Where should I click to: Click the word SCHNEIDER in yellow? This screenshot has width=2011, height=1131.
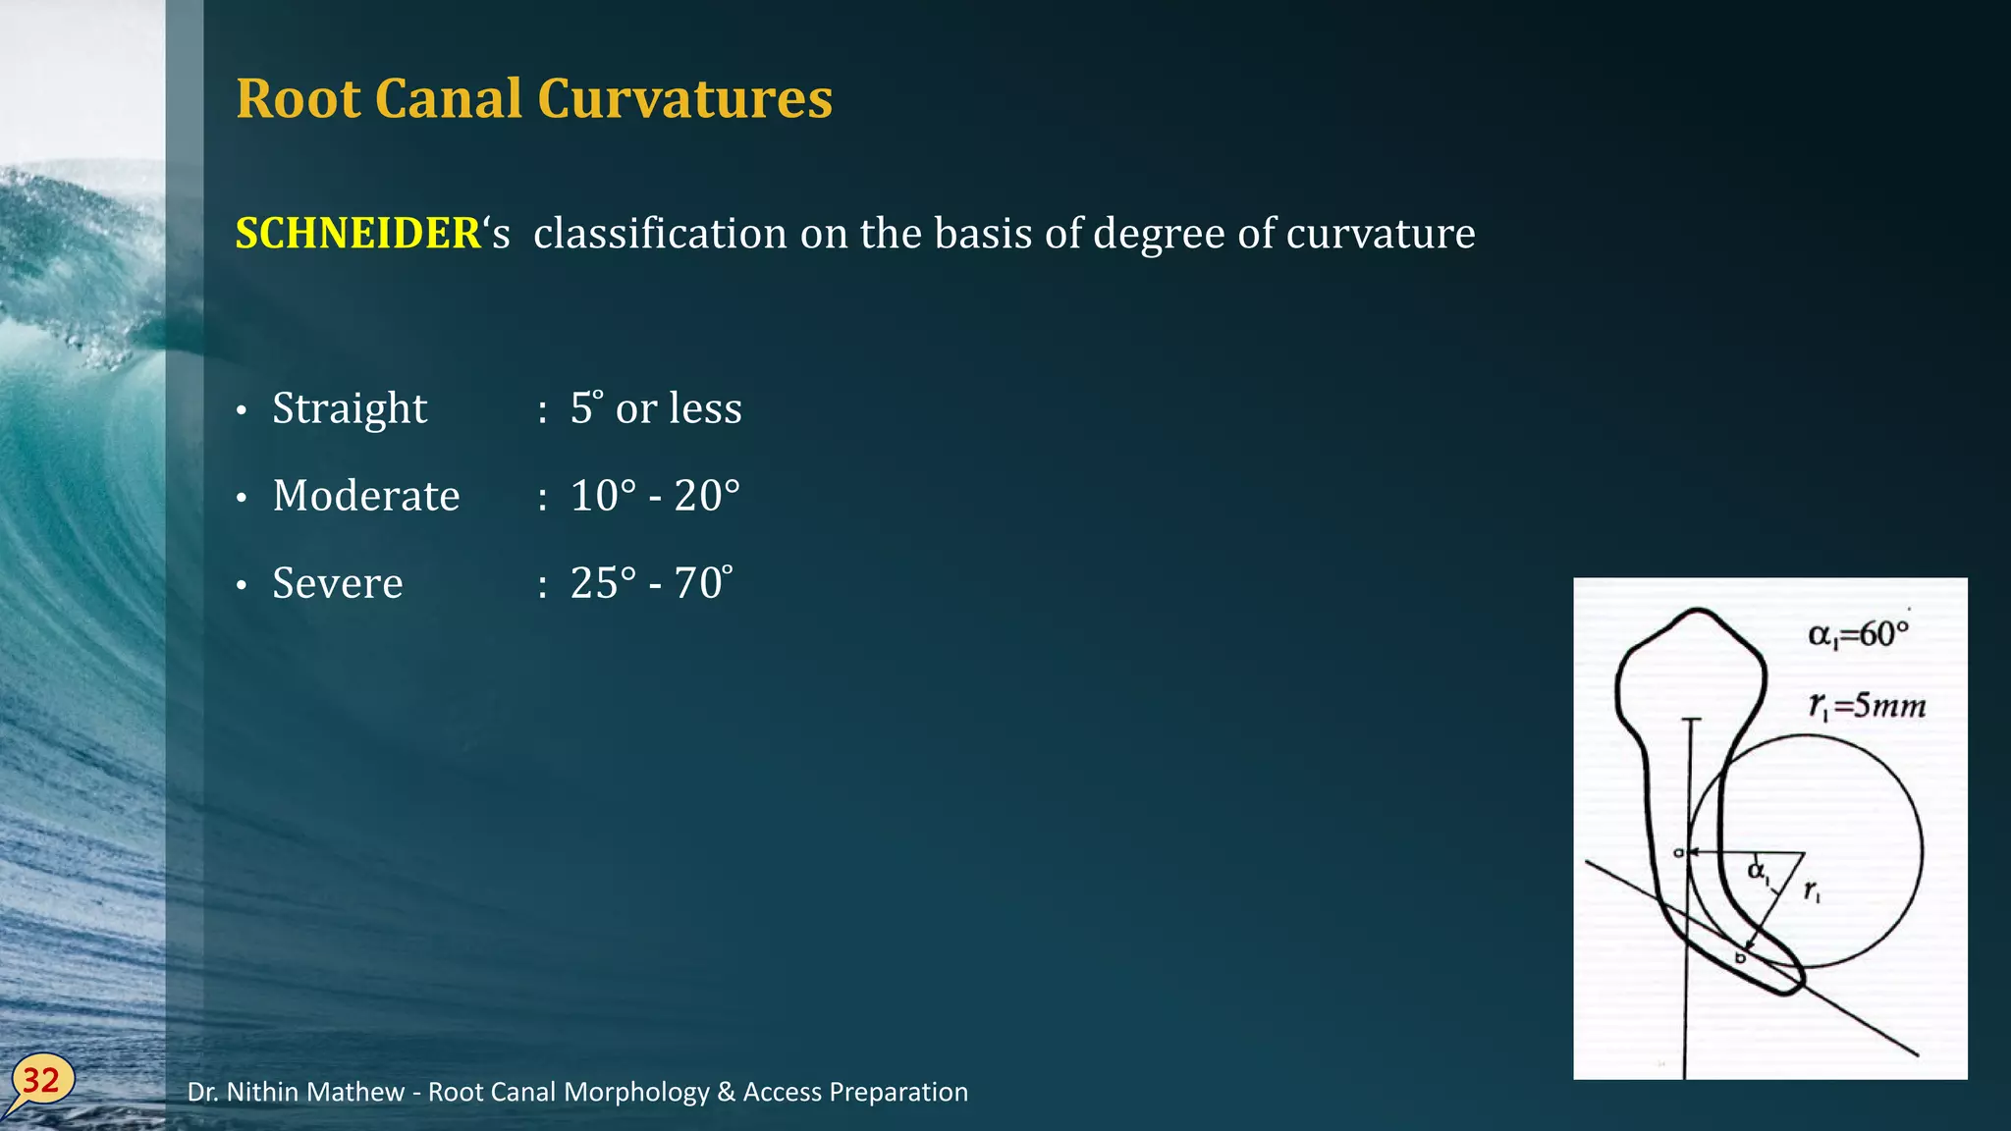(x=358, y=234)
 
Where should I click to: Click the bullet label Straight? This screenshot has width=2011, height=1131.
(x=350, y=408)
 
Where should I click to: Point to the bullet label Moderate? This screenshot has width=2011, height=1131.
(x=366, y=496)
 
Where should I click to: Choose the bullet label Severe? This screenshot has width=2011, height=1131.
(x=338, y=583)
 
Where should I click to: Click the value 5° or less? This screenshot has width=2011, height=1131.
(x=656, y=408)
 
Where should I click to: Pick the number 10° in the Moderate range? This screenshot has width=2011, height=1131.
(x=603, y=496)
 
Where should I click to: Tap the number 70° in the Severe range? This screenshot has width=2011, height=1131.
(x=703, y=583)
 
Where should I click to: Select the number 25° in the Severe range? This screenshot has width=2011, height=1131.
(x=603, y=583)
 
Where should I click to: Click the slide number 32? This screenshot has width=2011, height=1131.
(x=41, y=1080)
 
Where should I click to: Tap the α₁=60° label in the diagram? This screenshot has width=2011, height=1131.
(x=1858, y=634)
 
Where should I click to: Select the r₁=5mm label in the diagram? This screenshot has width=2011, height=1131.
(x=1867, y=705)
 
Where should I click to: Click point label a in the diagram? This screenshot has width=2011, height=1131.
(x=1678, y=852)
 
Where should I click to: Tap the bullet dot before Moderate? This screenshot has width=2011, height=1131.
(x=242, y=499)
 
